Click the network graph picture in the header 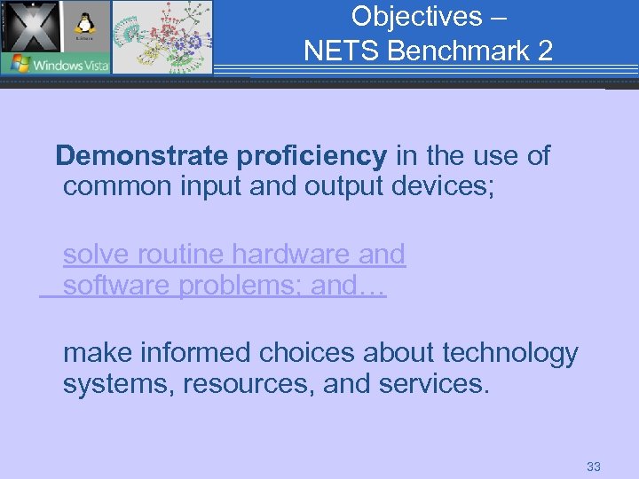coord(162,36)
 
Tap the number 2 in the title coord(544,51)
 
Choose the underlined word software coord(117,287)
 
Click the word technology coord(510,353)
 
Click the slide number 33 coord(594,466)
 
